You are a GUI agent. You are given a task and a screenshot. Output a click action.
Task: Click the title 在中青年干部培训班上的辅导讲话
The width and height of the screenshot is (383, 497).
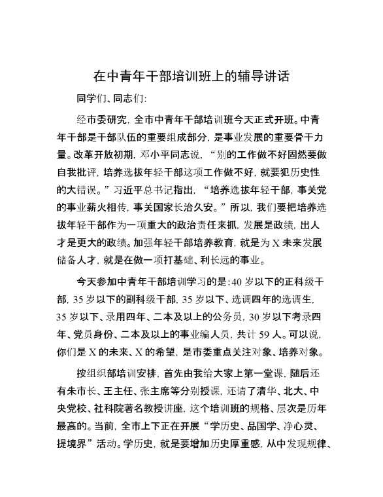(191, 77)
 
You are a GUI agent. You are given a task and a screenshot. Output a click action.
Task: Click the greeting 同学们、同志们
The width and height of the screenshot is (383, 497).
(111, 100)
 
